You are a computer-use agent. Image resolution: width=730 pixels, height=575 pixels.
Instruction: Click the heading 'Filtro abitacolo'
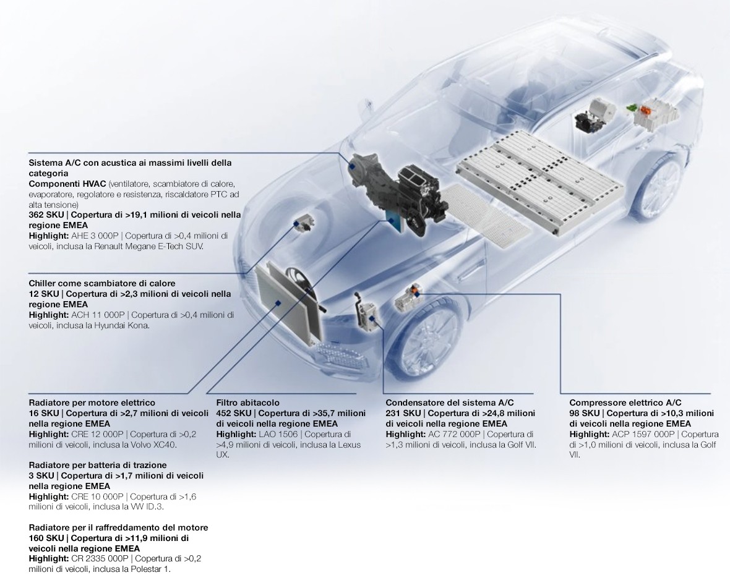(247, 403)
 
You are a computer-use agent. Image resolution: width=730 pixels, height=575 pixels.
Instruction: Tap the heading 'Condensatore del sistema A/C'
(450, 403)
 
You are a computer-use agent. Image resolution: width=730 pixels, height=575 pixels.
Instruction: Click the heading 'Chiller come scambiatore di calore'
(102, 283)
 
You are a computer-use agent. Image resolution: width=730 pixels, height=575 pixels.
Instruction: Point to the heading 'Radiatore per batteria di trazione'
(98, 465)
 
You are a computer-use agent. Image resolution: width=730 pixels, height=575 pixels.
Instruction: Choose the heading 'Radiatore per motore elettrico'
(92, 403)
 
